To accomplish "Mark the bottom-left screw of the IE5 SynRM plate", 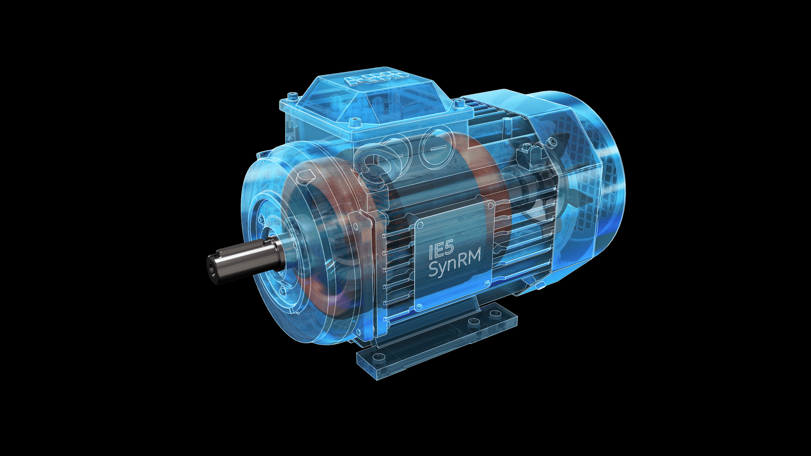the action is coord(419,306).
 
